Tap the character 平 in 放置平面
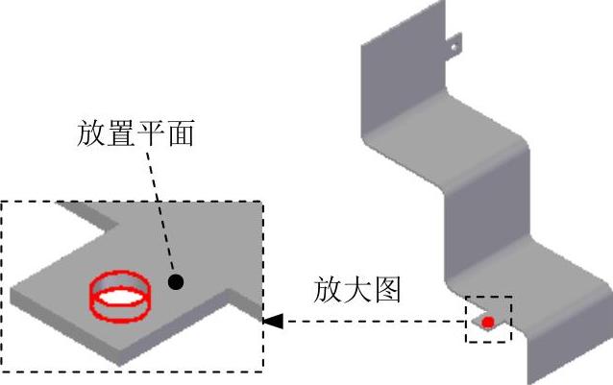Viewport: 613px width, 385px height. [151, 132]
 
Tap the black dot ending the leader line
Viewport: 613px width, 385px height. [176, 282]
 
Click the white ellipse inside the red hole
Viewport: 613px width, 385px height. [119, 297]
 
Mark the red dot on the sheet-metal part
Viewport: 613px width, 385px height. [488, 322]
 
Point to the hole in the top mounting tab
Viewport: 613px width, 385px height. [455, 42]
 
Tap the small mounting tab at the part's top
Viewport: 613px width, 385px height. [454, 44]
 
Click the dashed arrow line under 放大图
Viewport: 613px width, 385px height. [375, 322]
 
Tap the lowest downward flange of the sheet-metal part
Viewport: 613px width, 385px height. [548, 355]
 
